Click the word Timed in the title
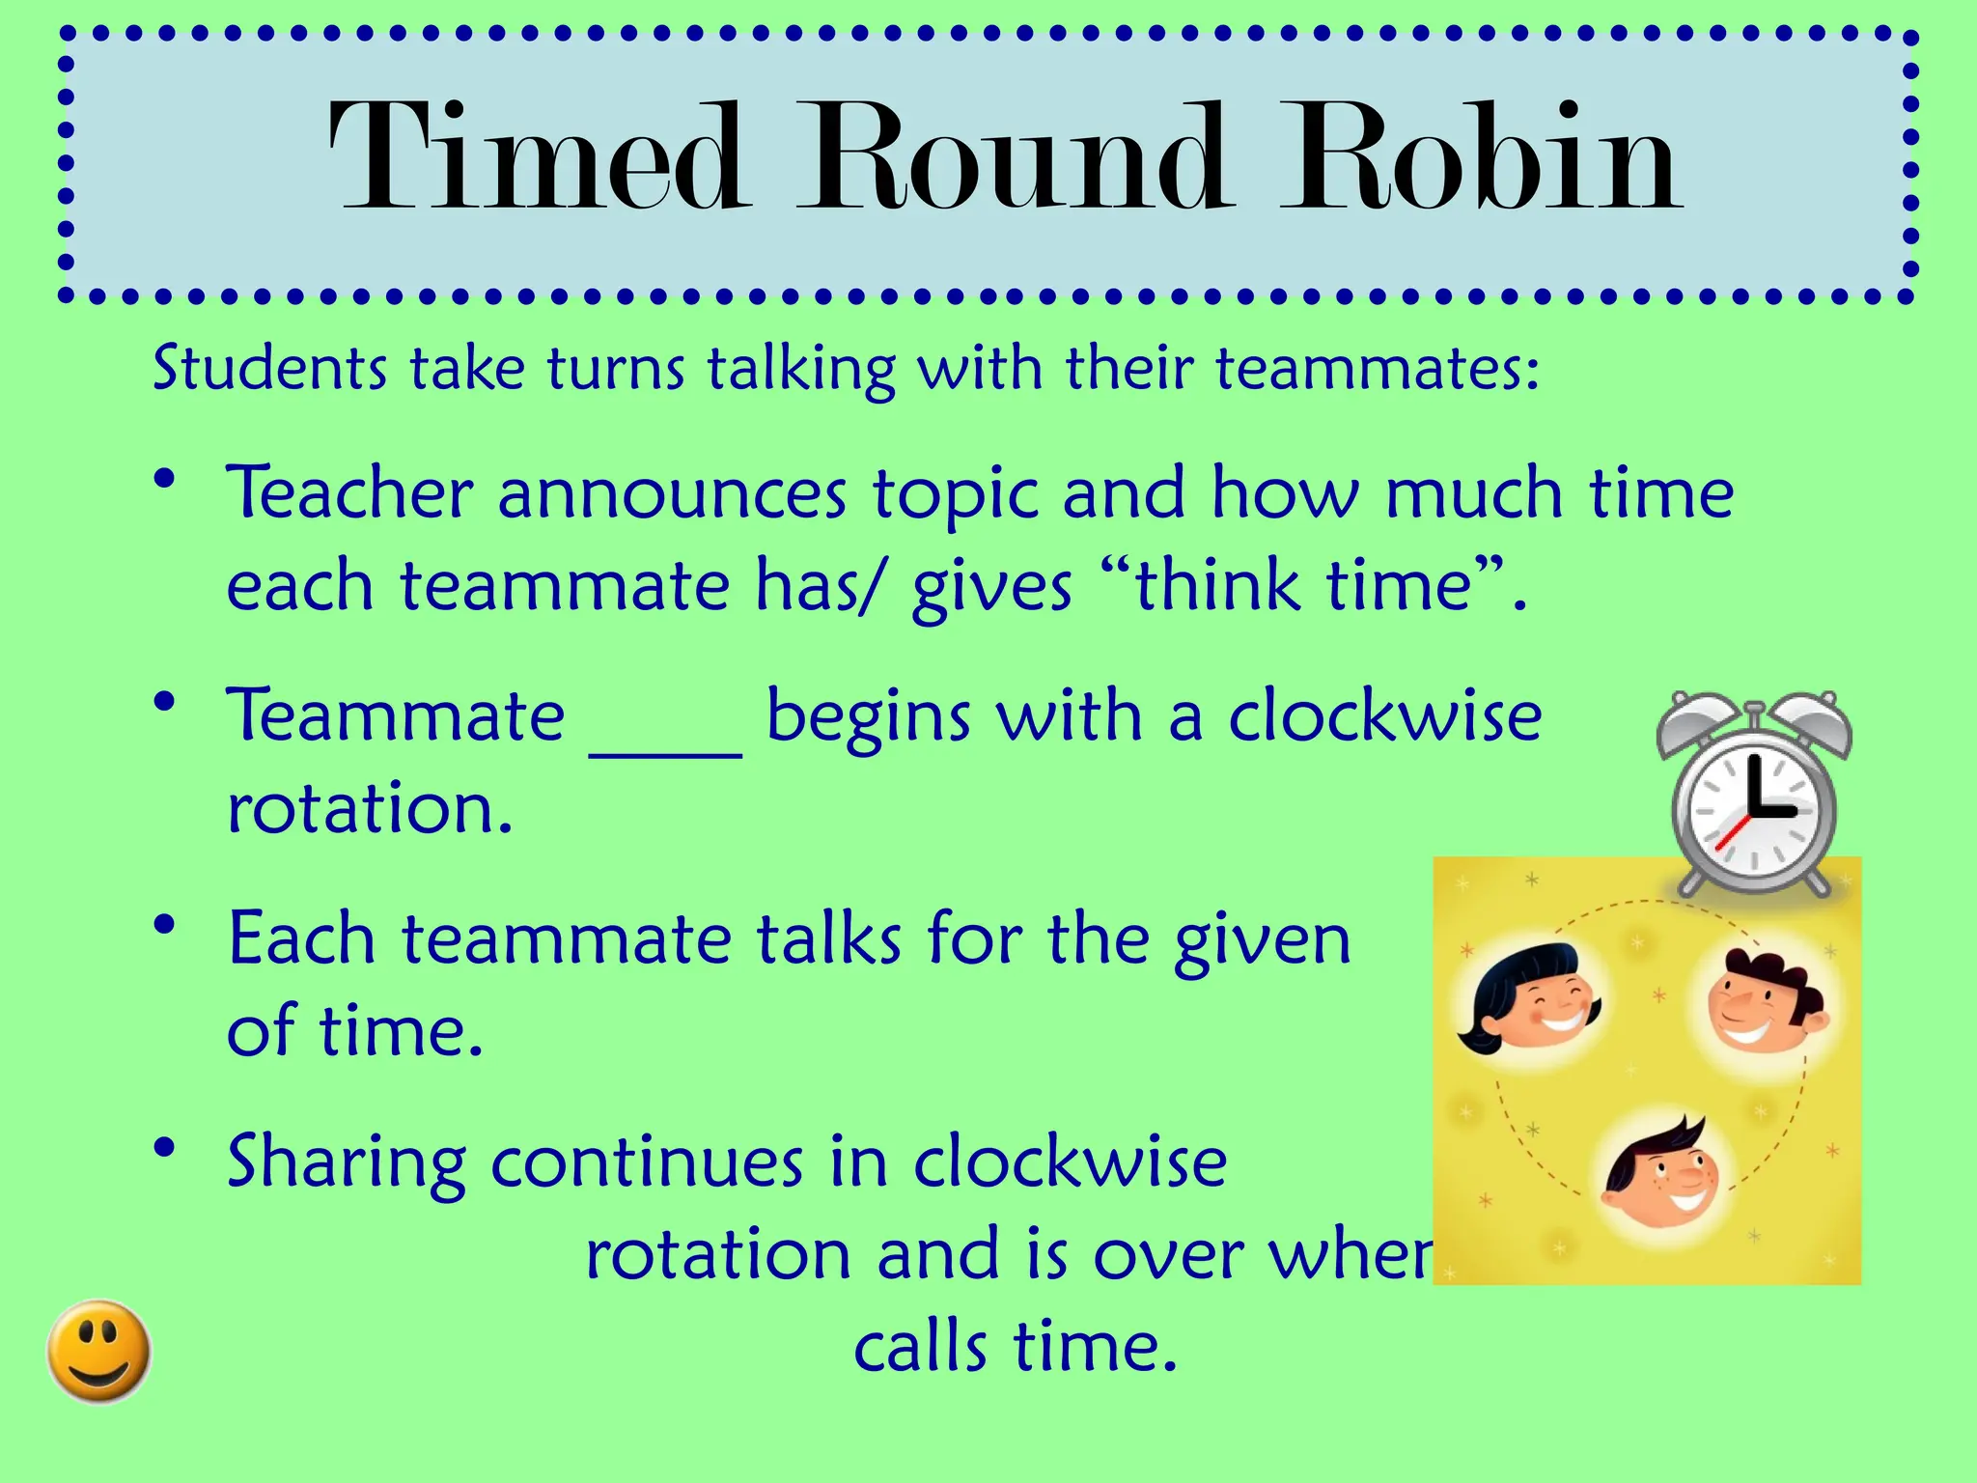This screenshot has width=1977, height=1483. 539,159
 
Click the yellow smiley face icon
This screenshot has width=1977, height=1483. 99,1351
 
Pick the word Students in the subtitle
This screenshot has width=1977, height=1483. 269,369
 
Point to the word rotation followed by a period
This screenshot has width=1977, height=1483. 369,808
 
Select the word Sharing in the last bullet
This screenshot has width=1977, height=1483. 346,1163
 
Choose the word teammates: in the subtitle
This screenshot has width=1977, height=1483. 1376,369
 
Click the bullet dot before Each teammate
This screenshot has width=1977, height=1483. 165,924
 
